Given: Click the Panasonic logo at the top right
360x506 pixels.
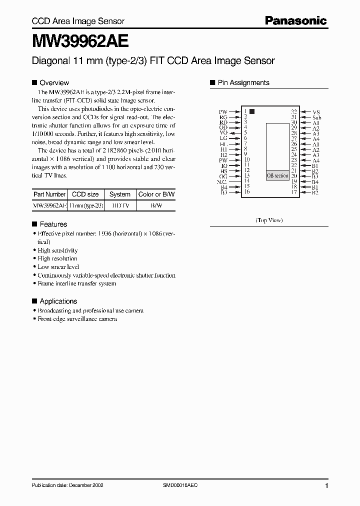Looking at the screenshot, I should click(x=295, y=20).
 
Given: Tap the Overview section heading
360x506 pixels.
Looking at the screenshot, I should click(x=54, y=82).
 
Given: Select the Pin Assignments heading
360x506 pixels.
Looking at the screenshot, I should click(x=243, y=82).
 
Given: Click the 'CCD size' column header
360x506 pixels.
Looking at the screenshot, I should click(x=85, y=194).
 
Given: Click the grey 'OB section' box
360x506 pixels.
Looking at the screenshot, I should click(x=277, y=175).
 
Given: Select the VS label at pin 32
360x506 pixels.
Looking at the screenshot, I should click(x=316, y=112).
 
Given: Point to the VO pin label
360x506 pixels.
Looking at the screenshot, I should click(x=223, y=133).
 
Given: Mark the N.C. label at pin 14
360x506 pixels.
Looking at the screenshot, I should click(x=222, y=181).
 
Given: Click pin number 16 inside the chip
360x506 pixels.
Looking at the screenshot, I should click(x=246, y=192).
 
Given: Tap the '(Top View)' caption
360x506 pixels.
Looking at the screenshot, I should click(x=269, y=219).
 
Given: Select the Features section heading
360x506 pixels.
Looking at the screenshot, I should click(x=53, y=224).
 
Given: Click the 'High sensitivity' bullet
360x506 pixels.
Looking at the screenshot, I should click(x=57, y=250).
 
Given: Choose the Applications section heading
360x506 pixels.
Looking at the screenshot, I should click(x=58, y=301).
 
